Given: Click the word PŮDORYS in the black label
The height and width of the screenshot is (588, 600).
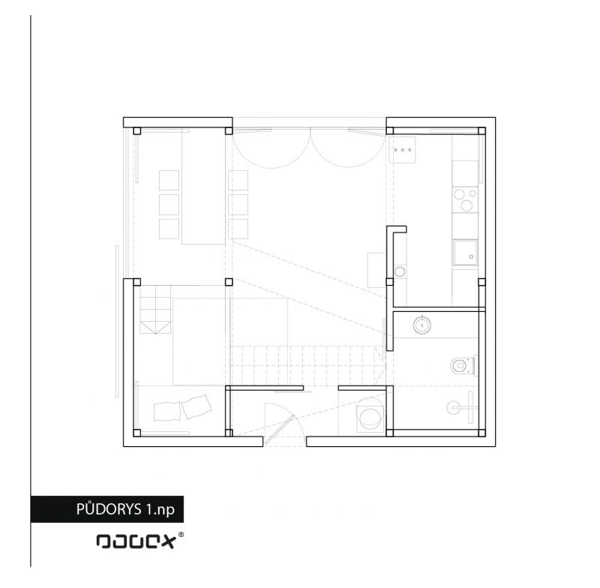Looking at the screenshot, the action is [x=109, y=509].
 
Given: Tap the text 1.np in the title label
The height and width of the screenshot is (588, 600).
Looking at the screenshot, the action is [x=160, y=510].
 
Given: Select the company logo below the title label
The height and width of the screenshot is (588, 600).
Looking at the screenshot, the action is [x=136, y=541].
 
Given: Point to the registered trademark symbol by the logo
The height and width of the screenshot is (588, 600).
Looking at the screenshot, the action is [x=181, y=535].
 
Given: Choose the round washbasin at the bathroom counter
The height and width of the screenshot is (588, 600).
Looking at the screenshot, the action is [x=422, y=325].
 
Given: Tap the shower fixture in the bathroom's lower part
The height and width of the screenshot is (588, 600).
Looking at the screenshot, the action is [x=462, y=407].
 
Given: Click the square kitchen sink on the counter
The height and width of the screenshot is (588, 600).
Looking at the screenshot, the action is [x=466, y=253].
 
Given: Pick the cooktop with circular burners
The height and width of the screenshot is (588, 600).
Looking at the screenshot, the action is [x=466, y=199].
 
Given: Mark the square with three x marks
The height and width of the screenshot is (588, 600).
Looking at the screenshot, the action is [x=403, y=150].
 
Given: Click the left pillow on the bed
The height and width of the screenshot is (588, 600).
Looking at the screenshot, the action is [x=166, y=411].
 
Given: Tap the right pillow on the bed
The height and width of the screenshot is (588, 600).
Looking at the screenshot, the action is [x=197, y=406].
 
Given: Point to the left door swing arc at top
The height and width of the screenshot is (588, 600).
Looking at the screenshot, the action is [x=271, y=154].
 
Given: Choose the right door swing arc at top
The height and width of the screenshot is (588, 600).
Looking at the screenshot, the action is [x=347, y=154].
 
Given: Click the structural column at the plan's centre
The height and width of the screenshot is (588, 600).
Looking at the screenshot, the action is [x=229, y=282].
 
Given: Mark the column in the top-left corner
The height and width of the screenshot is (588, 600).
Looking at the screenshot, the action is [x=137, y=130].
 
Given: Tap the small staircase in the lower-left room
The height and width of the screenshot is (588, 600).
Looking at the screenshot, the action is [x=155, y=310].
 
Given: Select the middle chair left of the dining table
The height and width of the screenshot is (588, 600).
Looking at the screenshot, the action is [x=169, y=205].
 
